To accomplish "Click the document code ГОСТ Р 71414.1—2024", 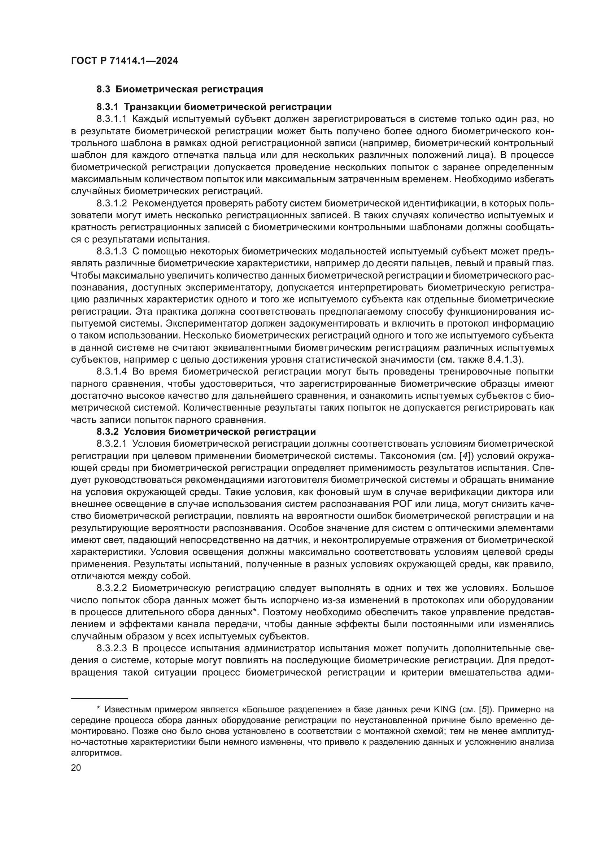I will tap(124, 61).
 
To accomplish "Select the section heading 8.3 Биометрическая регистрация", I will tap(180, 89).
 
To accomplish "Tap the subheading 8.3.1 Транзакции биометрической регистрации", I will tap(214, 107).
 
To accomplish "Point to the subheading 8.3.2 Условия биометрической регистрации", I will tap(206, 431).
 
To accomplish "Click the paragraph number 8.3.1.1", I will tap(112, 119).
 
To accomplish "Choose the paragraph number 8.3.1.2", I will tap(112, 203).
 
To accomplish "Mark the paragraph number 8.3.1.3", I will tap(112, 252).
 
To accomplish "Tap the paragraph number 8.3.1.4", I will tap(112, 372).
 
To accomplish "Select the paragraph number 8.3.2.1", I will tap(112, 444).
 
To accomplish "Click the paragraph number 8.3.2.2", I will tap(112, 588).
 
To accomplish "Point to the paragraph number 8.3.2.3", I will tap(112, 648).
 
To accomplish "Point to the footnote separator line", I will tap(99, 698).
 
